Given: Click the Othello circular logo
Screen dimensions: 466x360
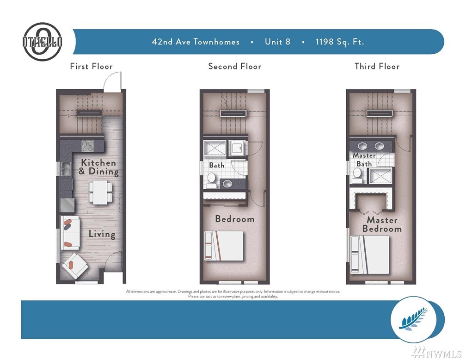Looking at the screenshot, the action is click(43, 42).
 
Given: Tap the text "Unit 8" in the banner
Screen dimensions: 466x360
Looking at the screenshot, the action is click(277, 42).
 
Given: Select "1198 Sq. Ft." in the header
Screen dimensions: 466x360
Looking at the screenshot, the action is click(340, 42).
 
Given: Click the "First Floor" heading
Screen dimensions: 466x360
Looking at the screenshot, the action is click(91, 66).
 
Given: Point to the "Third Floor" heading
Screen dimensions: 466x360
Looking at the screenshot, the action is click(377, 66).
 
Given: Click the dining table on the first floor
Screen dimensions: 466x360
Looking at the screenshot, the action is click(100, 192).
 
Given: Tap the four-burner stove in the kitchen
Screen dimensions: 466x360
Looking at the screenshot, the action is click(88, 146).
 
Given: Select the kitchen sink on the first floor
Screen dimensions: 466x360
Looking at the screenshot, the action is click(65, 169).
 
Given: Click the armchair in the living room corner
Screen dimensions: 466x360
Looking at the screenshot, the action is click(74, 266).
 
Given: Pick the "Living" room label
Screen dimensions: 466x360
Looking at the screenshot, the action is click(102, 234).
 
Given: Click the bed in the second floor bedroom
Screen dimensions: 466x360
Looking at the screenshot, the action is click(224, 246).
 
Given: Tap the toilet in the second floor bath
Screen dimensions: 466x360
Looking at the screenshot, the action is click(211, 180).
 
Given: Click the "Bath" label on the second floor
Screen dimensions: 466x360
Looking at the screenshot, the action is click(217, 165).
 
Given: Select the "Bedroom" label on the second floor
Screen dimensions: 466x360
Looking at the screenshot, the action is click(235, 219).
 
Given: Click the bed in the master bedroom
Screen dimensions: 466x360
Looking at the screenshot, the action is click(370, 254).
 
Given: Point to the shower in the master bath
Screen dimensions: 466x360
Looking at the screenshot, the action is click(381, 176).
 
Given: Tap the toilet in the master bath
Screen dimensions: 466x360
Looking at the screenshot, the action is click(357, 175).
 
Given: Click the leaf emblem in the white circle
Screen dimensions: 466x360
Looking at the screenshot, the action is click(414, 319).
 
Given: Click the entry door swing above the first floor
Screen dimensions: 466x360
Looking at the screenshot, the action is click(113, 81).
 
